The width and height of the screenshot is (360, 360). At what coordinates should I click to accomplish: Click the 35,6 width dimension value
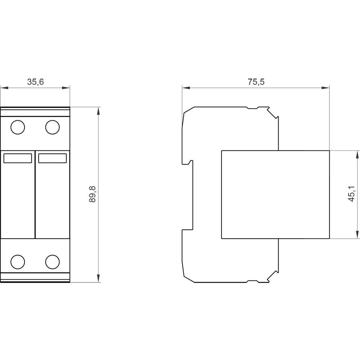tap(35, 82)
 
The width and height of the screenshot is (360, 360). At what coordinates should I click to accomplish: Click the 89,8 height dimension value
tap(93, 194)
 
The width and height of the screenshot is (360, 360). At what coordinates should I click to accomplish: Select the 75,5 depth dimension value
tap(256, 82)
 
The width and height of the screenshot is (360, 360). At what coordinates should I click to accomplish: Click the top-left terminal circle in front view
tap(18, 127)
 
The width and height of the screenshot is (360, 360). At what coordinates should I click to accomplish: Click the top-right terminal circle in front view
tap(52, 127)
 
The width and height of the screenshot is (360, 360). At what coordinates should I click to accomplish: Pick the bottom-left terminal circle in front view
tap(18, 262)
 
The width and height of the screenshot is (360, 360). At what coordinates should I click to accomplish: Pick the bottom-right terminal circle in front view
tap(52, 262)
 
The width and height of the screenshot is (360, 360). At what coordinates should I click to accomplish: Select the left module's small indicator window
tap(18, 158)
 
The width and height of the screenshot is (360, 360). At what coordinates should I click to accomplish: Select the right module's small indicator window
tap(52, 158)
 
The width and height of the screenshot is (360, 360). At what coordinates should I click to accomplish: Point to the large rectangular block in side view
tap(275, 194)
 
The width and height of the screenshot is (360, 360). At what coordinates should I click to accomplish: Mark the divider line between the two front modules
tap(35, 194)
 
